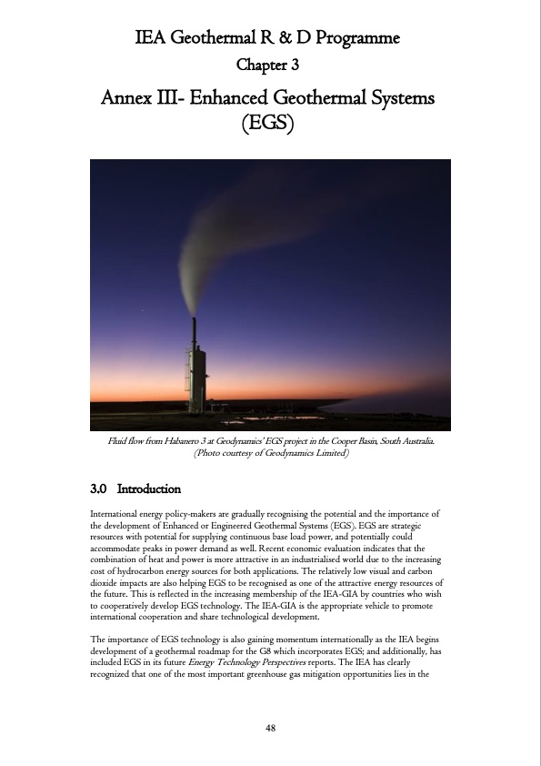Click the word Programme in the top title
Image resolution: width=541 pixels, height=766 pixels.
click(x=351, y=39)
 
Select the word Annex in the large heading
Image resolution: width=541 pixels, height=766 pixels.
click(x=128, y=96)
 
